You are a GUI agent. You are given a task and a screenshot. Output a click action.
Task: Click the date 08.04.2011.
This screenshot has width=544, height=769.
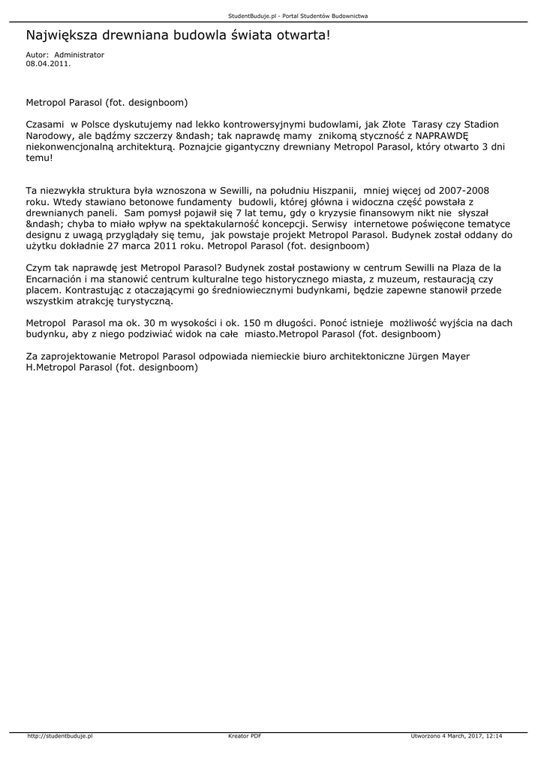48,64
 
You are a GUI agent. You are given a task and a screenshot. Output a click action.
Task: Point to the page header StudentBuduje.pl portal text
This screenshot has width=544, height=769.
272,16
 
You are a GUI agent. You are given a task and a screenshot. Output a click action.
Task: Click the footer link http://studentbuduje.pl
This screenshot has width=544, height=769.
59,737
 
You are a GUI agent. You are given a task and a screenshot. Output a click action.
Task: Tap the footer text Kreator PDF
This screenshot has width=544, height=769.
245,737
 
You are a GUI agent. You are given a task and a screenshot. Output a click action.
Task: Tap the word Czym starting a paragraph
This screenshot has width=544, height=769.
39,267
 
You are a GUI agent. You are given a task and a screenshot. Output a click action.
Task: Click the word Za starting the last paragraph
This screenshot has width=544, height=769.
32,356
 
